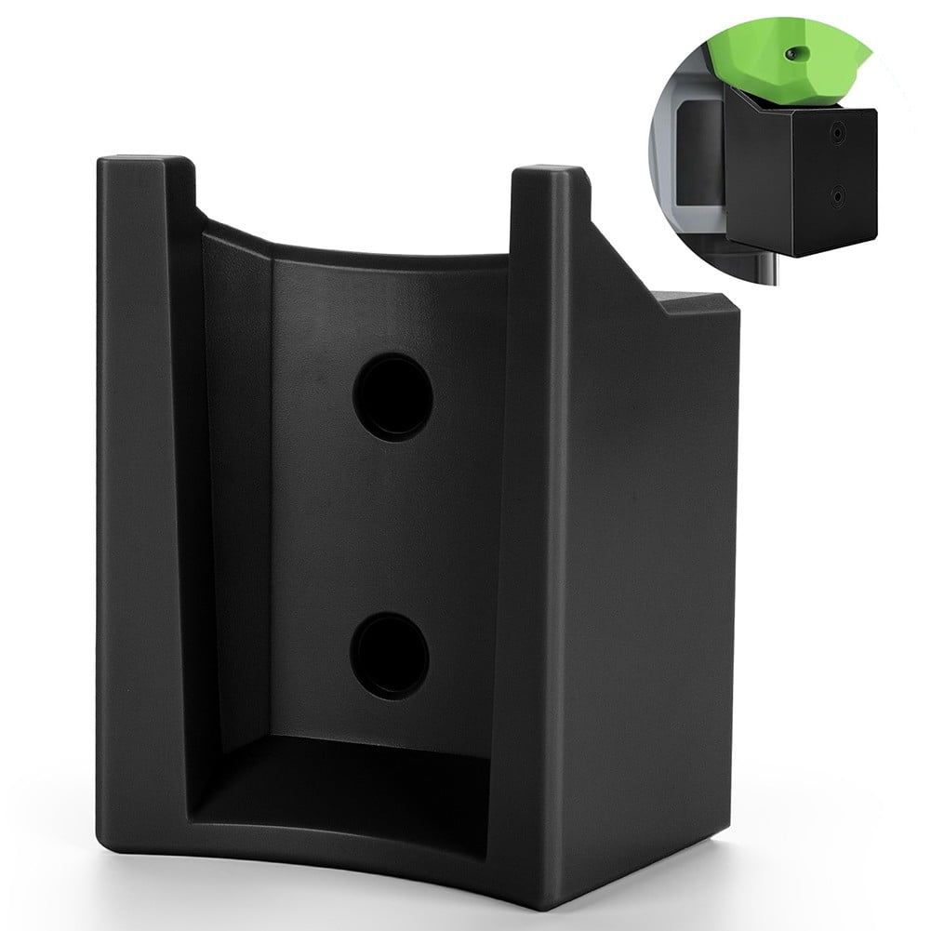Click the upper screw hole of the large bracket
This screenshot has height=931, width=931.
point(392,396)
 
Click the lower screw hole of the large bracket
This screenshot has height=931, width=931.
point(390,655)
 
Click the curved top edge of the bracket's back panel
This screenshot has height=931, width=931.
point(353,244)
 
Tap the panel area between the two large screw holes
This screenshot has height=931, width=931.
point(391,525)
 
